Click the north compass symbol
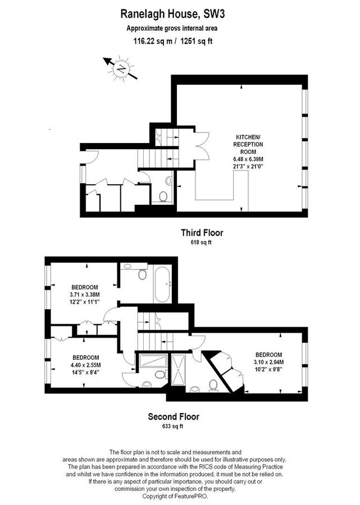pyautogui.click(x=120, y=69)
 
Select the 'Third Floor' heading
pyautogui.click(x=205, y=232)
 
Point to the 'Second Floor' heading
pyautogui.click(x=174, y=416)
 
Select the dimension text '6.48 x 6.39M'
pyautogui.click(x=249, y=159)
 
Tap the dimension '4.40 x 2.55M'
pyautogui.click(x=86, y=365)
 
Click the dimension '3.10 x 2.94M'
pyautogui.click(x=268, y=362)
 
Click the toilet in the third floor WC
pyautogui.click(x=163, y=195)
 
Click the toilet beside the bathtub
pyautogui.click(x=143, y=276)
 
